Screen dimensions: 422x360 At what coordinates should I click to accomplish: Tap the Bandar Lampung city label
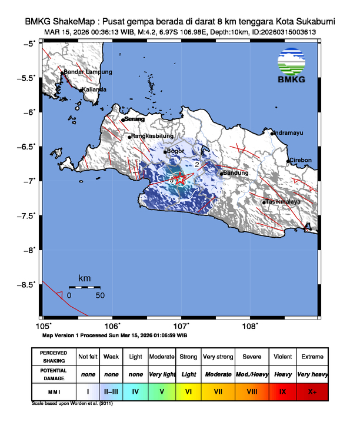point(88,72)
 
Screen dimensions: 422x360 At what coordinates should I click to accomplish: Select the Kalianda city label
point(95,89)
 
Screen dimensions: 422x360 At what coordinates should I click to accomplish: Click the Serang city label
point(134,119)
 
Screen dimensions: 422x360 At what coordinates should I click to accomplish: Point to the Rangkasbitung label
point(152,137)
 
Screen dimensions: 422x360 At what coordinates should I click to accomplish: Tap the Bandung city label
point(236,173)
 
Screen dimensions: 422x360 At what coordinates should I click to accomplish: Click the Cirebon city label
point(301,160)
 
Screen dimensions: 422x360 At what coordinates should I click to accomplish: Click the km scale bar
point(84,287)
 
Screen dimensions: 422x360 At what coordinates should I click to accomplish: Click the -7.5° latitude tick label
point(31,215)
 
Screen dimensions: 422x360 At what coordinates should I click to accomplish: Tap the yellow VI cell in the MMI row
point(189,391)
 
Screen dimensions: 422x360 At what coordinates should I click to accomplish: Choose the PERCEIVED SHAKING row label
point(53,357)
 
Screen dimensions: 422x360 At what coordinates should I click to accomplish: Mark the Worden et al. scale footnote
point(71,404)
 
